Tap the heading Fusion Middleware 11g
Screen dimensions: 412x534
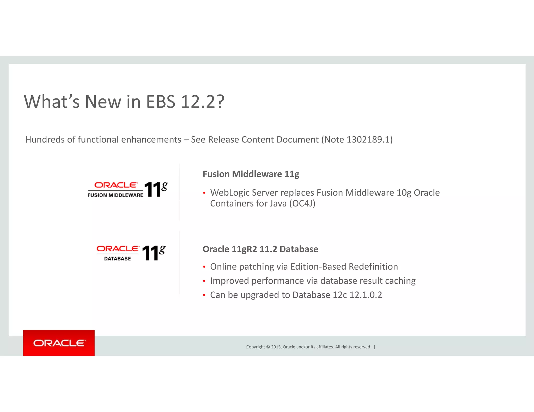[x=251, y=174]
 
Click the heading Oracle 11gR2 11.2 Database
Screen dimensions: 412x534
[x=260, y=249]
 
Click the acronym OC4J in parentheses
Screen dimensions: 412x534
[x=302, y=203]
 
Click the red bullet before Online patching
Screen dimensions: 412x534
[x=204, y=267]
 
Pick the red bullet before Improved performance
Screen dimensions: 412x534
[x=204, y=281]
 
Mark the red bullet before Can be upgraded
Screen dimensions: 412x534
[x=204, y=295]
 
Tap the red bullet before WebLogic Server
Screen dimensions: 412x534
[x=204, y=193]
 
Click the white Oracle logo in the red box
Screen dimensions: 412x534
[x=59, y=343]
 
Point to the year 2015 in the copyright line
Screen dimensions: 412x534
[x=276, y=347]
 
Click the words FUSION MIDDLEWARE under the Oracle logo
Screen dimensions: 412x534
[x=115, y=195]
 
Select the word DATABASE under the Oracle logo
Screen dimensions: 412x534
[x=117, y=259]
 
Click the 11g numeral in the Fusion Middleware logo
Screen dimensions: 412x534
[x=156, y=189]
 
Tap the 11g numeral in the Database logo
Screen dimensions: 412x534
[x=153, y=253]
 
